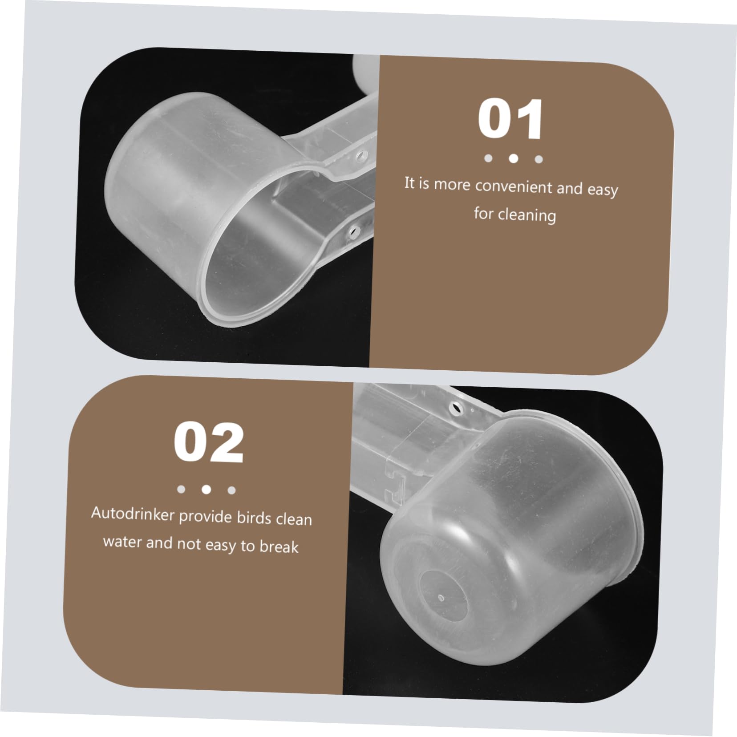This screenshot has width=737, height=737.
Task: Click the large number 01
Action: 510,119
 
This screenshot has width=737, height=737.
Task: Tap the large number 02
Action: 209,442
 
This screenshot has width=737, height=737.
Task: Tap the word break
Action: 279,546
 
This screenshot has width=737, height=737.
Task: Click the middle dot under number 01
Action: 514,158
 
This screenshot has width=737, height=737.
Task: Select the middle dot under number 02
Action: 206,490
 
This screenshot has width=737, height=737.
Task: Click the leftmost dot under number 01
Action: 488,158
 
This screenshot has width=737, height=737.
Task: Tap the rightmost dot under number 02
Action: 231,490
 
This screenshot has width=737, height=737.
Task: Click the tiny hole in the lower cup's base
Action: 441,598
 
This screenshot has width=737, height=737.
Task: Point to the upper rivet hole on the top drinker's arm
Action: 360,155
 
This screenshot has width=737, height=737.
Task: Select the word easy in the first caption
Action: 603,190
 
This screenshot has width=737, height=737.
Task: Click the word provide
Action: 206,516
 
